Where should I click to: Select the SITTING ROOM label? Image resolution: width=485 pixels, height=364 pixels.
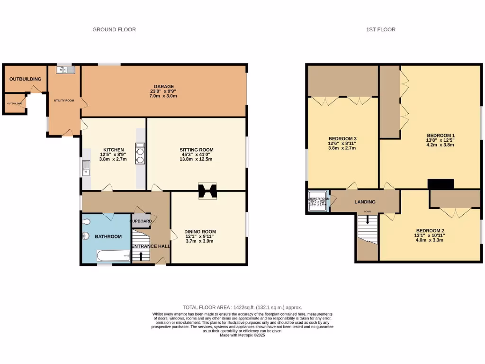(196, 150)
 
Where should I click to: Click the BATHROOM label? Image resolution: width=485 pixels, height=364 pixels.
(108, 237)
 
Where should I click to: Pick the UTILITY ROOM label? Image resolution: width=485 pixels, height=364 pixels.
(63, 100)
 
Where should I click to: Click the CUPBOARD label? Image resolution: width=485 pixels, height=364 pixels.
(142, 221)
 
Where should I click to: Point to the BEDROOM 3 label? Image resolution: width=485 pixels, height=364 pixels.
(342, 138)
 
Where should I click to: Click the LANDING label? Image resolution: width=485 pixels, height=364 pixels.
(365, 202)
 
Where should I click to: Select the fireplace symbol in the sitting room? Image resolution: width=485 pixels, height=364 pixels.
(207, 191)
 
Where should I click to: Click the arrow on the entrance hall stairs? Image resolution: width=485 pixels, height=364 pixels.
(141, 256)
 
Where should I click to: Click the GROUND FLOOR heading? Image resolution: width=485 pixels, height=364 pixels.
(114, 29)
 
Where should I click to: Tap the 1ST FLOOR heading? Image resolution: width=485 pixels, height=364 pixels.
(380, 29)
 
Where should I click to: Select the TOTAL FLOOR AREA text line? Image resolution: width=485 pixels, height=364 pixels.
(242, 308)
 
